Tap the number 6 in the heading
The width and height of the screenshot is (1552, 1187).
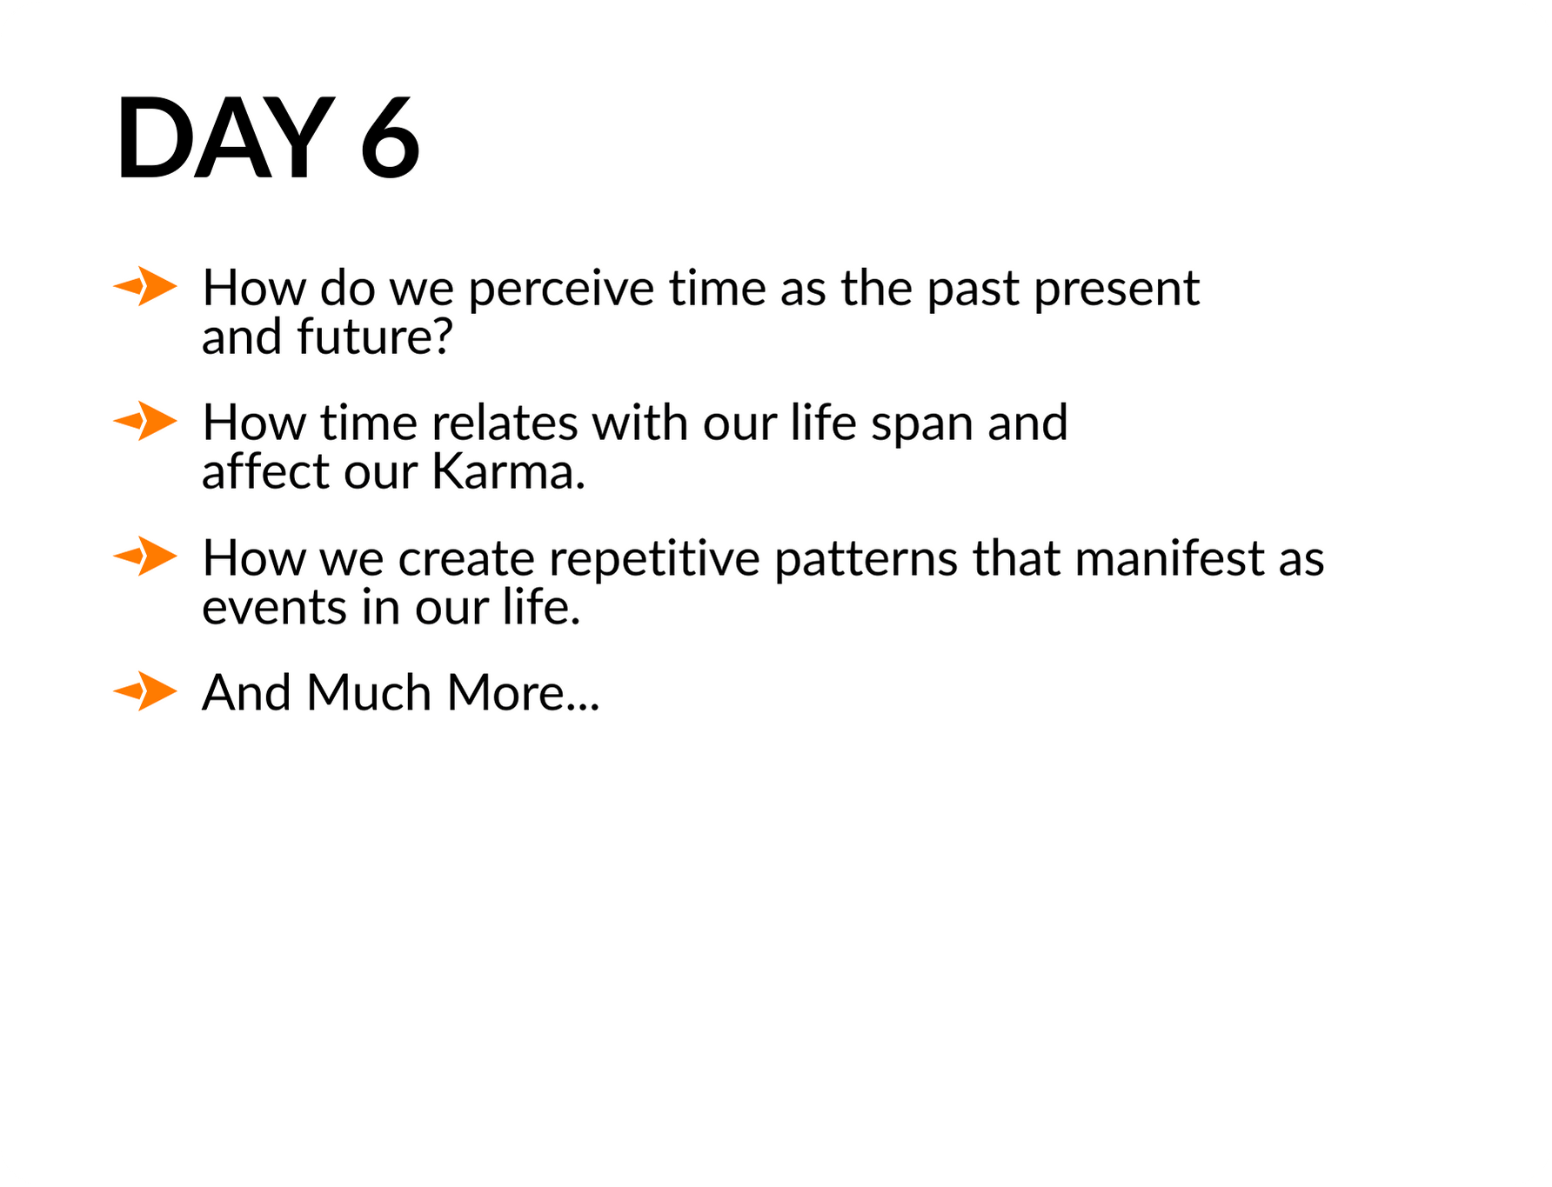[390, 139]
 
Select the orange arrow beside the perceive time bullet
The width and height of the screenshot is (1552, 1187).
[145, 286]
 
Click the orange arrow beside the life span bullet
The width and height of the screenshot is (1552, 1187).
[145, 422]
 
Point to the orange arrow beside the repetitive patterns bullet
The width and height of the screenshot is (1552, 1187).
[145, 557]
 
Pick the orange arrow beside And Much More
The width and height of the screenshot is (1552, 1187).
[145, 692]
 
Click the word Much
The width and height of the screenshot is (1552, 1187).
[369, 693]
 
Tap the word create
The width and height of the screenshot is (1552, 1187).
[466, 559]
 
